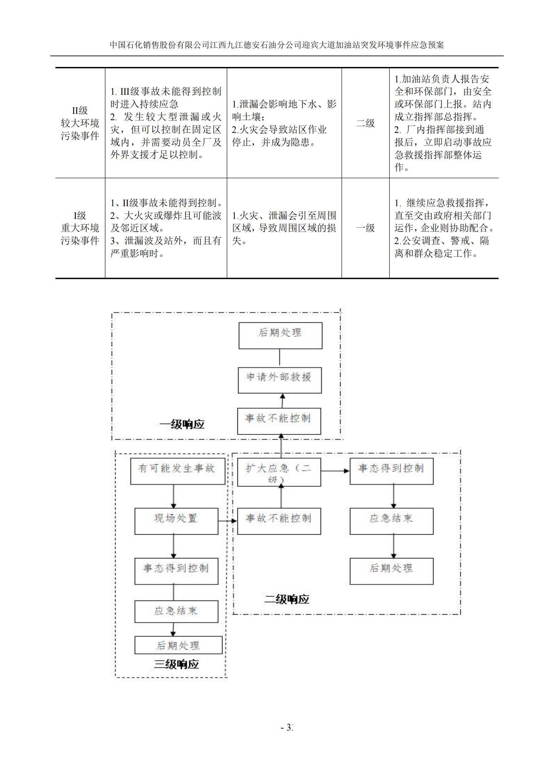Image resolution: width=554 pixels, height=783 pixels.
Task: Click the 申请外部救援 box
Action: (x=279, y=380)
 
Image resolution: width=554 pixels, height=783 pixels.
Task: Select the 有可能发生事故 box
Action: (x=178, y=471)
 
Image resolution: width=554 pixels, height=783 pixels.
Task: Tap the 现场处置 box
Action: (x=176, y=521)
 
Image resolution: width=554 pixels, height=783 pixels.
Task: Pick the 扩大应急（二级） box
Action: (x=279, y=472)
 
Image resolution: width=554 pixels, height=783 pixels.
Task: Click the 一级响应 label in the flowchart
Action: (x=182, y=424)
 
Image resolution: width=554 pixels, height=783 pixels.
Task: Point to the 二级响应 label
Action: (x=287, y=599)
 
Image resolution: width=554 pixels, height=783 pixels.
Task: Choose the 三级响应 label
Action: (x=176, y=664)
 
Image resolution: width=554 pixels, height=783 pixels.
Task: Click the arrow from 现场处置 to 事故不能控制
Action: (x=227, y=521)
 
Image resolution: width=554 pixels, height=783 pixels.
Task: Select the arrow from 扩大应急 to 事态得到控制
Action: (x=335, y=471)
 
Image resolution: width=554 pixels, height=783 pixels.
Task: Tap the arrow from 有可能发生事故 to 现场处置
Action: (x=174, y=496)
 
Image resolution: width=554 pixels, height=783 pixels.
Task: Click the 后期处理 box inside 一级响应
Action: (x=280, y=335)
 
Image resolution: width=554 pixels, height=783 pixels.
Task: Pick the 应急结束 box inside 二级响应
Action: (x=391, y=521)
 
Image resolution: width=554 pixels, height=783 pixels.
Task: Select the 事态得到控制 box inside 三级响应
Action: (x=176, y=571)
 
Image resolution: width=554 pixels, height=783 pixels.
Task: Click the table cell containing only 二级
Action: (x=365, y=123)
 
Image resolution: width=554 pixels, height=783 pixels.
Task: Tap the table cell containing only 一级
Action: (x=365, y=228)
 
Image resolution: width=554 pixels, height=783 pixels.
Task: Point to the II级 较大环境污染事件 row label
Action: (x=80, y=123)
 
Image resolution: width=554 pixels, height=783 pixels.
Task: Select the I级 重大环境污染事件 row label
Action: (x=80, y=228)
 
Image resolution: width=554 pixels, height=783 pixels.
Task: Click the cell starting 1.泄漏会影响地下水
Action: (x=284, y=123)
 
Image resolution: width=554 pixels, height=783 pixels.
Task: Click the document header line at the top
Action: (x=277, y=45)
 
